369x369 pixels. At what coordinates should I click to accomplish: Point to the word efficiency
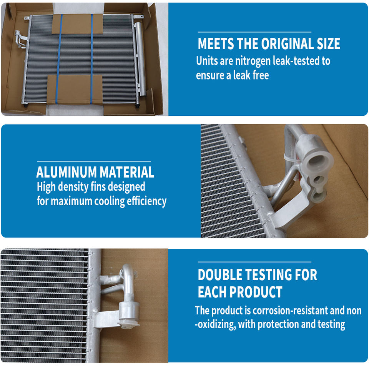coord(146,201)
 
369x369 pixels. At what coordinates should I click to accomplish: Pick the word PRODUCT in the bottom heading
coord(256,292)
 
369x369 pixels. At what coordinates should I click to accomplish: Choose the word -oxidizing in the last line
coord(215,324)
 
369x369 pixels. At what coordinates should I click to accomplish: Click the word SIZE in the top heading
coord(328,44)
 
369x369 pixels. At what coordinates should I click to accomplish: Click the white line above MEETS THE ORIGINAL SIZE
coord(254,32)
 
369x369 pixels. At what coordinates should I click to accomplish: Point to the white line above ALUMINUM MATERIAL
coord(94,161)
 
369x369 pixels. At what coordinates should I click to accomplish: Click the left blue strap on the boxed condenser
coord(59,59)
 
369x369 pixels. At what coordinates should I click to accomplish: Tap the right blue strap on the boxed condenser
coord(91,59)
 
